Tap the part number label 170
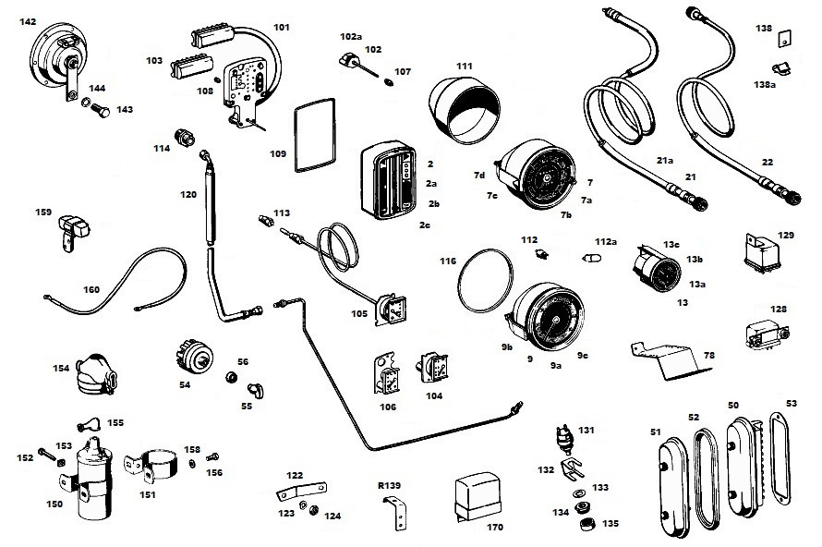495,528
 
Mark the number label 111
464,67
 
